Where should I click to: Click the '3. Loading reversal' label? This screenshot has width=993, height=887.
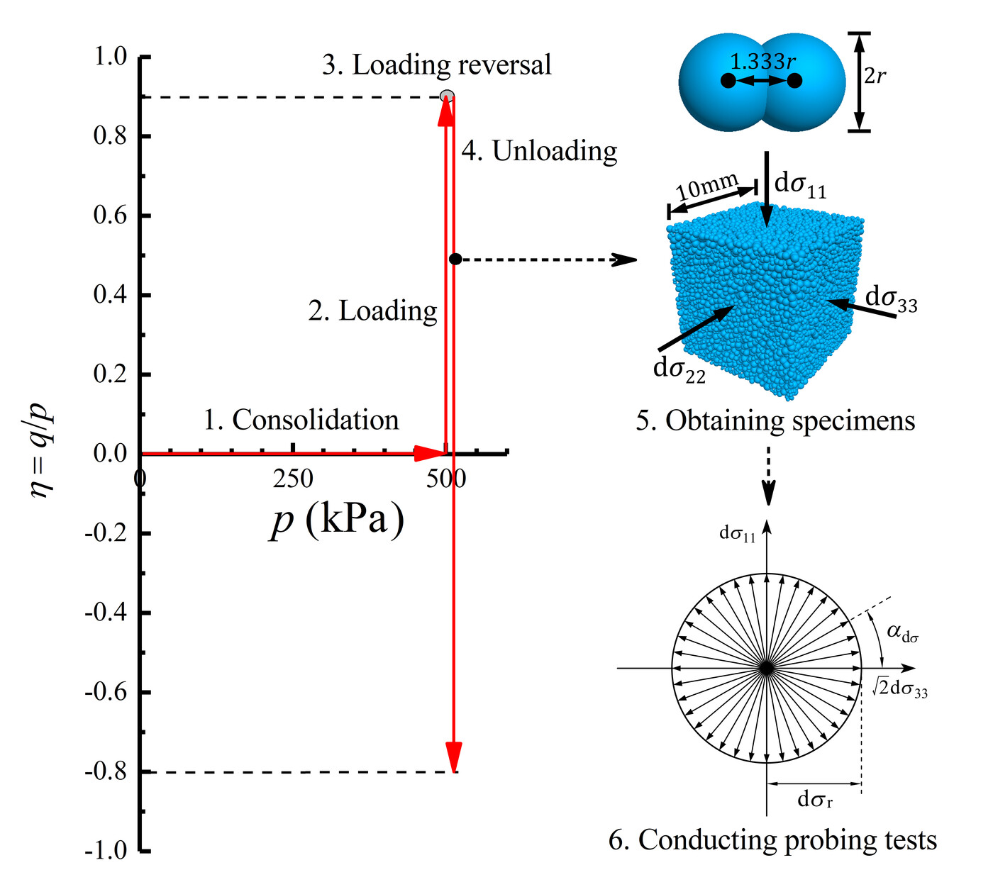pos(436,65)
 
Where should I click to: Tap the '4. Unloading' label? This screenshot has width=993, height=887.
pos(539,151)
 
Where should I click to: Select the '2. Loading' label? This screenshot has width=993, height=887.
pos(372,311)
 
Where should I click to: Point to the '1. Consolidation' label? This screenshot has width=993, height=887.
pos(301,420)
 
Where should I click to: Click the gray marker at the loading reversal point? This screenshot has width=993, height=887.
pos(446,96)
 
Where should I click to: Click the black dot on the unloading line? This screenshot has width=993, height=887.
pos(455,260)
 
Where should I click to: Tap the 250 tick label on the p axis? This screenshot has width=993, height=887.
pos(293,479)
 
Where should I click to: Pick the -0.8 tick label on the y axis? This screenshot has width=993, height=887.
pos(106,771)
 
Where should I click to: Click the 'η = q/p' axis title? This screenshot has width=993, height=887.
pos(43,454)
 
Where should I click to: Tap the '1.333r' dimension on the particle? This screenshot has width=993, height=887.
pos(762,62)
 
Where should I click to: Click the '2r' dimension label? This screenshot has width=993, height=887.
pos(875,76)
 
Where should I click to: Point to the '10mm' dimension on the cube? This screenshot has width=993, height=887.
pos(706,187)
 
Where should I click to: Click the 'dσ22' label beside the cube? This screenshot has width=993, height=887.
pos(679,369)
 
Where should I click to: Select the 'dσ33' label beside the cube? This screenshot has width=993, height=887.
pos(891,299)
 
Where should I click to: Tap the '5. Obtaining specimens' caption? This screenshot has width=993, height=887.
pos(775,421)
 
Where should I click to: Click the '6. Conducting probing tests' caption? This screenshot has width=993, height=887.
pos(772,839)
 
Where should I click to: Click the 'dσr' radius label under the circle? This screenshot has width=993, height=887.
pos(815,800)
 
